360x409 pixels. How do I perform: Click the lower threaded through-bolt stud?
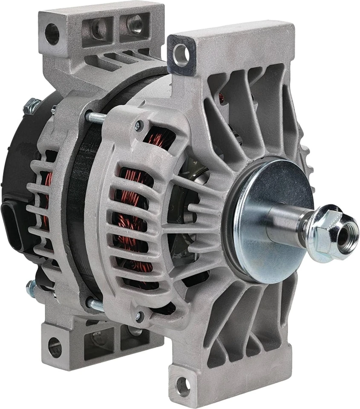96,304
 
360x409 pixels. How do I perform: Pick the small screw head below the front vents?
137,316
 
